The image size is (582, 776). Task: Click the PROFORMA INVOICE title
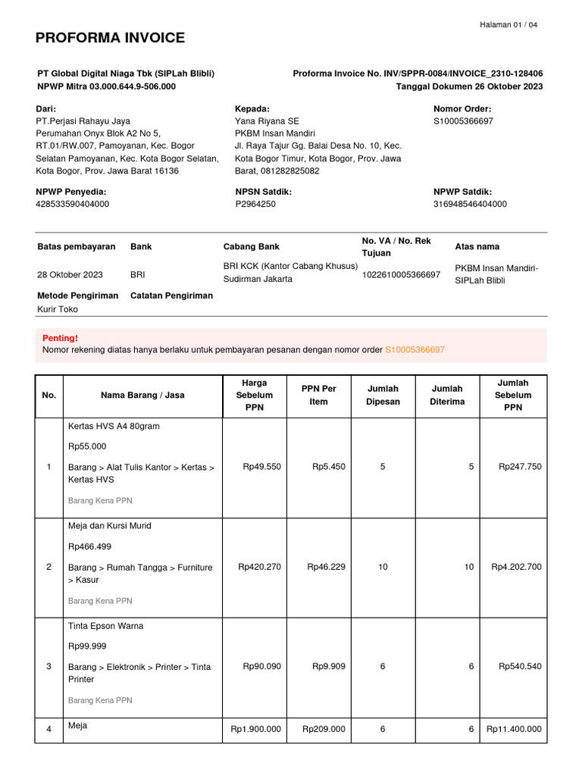point(110,38)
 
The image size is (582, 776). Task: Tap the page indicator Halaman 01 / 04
point(508,25)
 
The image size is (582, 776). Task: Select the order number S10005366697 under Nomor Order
point(463,121)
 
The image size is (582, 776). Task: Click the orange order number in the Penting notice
point(415,350)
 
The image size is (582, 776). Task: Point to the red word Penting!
point(60,338)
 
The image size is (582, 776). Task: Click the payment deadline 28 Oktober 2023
point(70,274)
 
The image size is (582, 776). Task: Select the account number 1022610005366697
point(401,274)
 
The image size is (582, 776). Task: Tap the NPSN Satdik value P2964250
point(255,204)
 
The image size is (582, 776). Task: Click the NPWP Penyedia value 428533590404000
point(73,204)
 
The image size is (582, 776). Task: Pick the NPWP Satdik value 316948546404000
point(470,204)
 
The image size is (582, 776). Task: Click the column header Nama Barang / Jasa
point(142,395)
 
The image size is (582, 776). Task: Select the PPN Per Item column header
point(318,395)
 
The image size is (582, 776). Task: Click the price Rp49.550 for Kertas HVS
point(261,467)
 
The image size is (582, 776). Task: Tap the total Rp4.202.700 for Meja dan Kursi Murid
point(516,567)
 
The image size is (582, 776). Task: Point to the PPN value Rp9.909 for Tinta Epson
point(328,667)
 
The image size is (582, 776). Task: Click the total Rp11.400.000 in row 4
point(514,729)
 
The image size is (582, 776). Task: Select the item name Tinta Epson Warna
point(106,626)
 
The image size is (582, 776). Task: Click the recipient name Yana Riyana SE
point(267,121)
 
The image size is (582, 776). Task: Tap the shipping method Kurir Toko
point(58,309)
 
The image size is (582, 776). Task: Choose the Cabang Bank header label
point(251,247)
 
